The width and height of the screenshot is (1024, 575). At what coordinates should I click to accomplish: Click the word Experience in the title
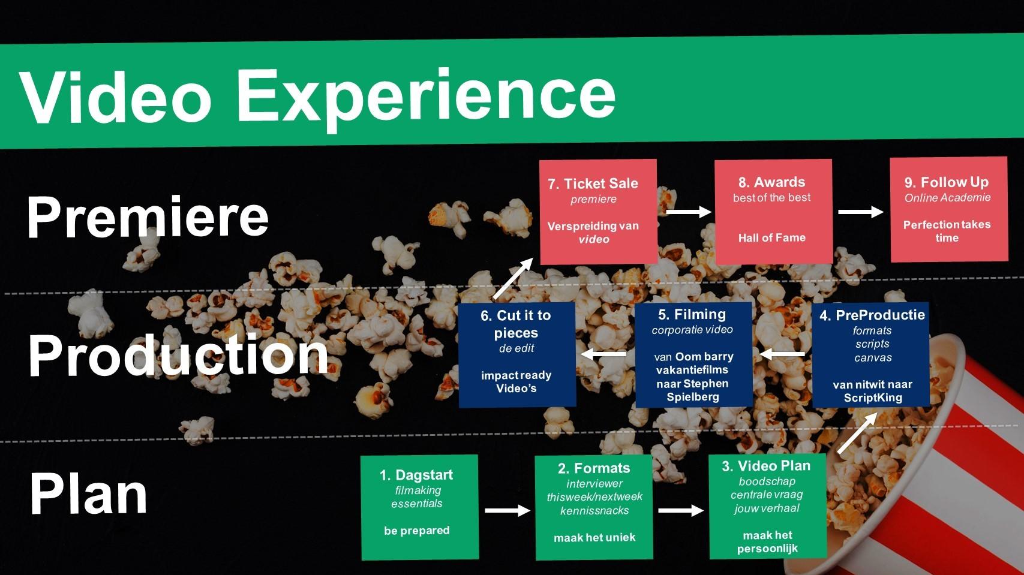click(425, 100)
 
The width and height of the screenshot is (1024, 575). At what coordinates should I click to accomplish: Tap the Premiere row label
click(148, 216)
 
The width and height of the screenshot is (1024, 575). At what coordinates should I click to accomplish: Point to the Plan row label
click(89, 494)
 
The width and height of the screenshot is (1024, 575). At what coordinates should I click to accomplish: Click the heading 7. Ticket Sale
click(593, 183)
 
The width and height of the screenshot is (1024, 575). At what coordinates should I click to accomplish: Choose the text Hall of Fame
click(771, 237)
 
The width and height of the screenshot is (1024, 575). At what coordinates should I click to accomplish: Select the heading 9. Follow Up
click(946, 182)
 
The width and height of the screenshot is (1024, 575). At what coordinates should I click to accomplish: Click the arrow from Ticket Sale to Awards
click(689, 212)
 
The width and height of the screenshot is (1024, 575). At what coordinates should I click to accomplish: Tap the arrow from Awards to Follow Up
click(861, 212)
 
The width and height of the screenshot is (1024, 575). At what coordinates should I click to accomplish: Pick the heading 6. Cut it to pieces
click(516, 324)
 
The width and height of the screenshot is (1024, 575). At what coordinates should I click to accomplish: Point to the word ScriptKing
click(873, 398)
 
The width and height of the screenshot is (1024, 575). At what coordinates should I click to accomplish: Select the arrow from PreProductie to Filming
click(782, 354)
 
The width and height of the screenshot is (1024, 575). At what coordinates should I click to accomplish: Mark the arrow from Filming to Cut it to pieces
click(603, 354)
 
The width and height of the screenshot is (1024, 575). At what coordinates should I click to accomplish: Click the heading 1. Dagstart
click(416, 475)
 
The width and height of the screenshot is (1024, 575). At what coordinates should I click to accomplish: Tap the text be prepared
click(416, 531)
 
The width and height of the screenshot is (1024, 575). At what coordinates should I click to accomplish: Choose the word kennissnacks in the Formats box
click(594, 511)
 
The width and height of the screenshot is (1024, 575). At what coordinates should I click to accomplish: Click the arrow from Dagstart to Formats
click(508, 511)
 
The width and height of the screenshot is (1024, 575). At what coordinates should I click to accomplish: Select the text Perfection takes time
click(947, 231)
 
